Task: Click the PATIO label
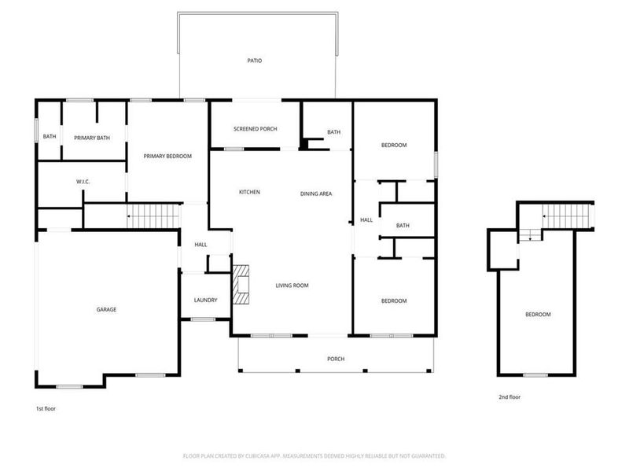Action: tap(254, 60)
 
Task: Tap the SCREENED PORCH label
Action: tap(255, 129)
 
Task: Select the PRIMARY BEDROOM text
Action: tap(167, 157)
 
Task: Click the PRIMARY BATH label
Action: tap(92, 138)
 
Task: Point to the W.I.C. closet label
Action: tap(83, 182)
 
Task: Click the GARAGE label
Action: tap(106, 309)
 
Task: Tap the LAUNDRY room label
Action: tap(205, 301)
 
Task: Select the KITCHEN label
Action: tap(249, 192)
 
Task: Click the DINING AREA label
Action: tap(315, 193)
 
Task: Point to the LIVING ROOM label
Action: tap(291, 286)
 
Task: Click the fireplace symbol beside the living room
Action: tap(241, 288)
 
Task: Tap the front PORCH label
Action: tap(336, 359)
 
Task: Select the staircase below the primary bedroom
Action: tap(149, 215)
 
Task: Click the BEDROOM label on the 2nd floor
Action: tap(538, 315)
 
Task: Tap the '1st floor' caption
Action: tap(46, 408)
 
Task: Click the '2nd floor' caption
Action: tap(509, 397)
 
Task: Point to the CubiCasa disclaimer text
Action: tap(314, 455)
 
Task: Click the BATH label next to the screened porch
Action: tap(333, 132)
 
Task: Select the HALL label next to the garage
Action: tap(200, 245)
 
